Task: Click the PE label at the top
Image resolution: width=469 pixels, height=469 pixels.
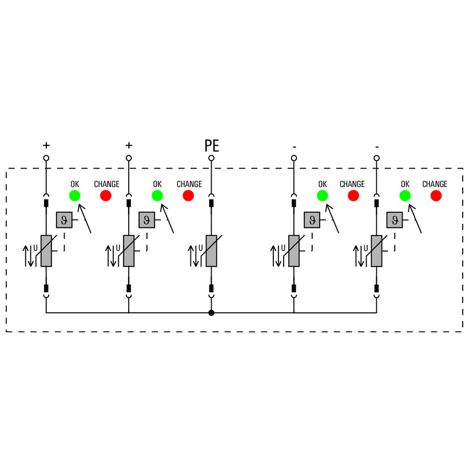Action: point(212,146)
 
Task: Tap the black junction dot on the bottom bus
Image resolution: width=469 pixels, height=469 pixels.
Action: point(212,313)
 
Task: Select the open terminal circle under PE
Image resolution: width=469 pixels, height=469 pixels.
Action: point(212,158)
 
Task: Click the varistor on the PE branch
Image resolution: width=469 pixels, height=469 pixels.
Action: point(212,251)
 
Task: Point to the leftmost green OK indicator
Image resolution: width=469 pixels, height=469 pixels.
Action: point(75,196)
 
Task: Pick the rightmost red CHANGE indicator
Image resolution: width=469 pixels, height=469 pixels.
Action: point(436,196)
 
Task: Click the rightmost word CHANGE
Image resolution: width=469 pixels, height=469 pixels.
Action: point(435,184)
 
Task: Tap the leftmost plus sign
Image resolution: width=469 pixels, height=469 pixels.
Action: point(46,146)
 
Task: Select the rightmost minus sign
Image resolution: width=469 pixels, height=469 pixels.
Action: point(376,146)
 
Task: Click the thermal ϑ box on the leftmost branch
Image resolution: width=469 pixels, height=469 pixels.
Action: point(64,220)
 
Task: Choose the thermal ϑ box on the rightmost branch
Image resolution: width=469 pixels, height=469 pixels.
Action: point(395,220)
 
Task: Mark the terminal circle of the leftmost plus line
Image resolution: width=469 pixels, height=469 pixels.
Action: point(46,158)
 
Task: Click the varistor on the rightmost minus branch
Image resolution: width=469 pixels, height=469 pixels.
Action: point(376,251)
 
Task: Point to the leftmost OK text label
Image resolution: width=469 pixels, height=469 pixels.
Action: point(75,184)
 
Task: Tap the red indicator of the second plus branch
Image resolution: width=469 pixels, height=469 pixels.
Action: point(188,196)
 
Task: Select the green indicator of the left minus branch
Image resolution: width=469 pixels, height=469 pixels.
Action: point(323,196)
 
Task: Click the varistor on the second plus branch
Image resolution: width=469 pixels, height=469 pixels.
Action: point(129,251)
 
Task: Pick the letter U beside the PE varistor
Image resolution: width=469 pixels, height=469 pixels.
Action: point(200,248)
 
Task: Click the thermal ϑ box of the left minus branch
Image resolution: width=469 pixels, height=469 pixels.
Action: point(312,220)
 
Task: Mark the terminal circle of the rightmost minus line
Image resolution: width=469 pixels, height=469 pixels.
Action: point(376,158)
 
